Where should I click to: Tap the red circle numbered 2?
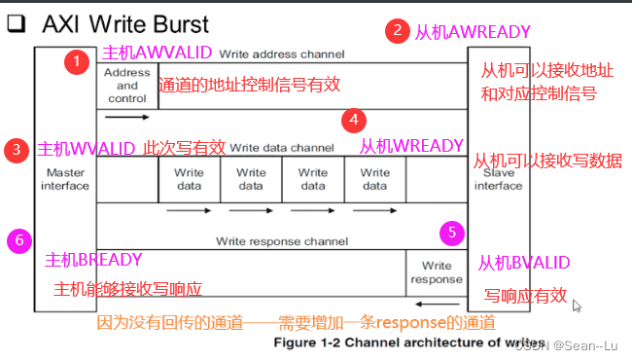(396, 30)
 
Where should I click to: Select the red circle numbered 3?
(17, 149)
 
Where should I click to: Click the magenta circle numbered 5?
(450, 234)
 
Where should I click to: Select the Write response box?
(436, 271)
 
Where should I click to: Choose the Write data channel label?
(282, 148)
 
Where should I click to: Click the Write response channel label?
(282, 240)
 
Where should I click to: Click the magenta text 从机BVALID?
(523, 263)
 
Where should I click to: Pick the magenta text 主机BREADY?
(94, 260)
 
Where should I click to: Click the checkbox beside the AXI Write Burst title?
(16, 25)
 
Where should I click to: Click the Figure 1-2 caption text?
(389, 342)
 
